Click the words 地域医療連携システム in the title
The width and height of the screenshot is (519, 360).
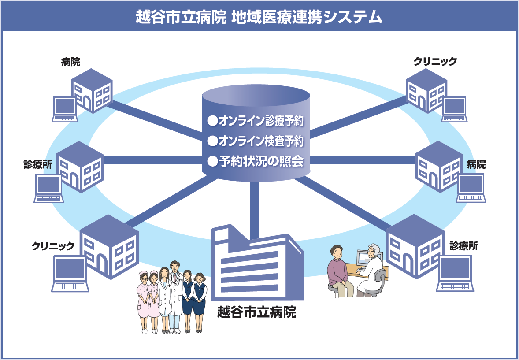[306, 16]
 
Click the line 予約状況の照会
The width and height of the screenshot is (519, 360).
[261, 162]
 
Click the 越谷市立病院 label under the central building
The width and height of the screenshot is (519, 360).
[256, 312]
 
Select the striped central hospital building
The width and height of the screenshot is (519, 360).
[256, 264]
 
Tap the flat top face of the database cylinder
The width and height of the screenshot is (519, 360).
[256, 95]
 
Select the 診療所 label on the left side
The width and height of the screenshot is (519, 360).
[37, 164]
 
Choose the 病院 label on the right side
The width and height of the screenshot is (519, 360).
[476, 165]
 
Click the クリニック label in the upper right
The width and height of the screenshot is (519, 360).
[435, 62]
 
